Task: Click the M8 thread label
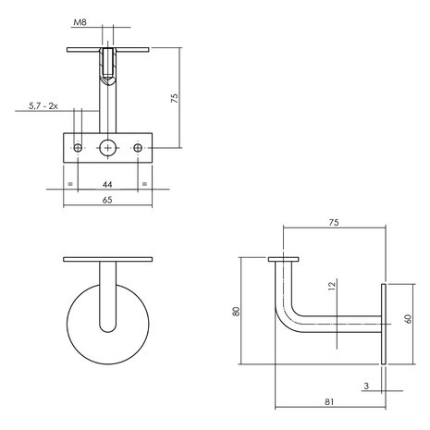[80, 22]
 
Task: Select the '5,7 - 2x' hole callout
[43, 106]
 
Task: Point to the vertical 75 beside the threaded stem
[175, 98]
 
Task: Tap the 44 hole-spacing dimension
[107, 184]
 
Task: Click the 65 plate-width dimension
[107, 200]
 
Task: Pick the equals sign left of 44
[70, 184]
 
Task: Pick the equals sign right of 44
[144, 184]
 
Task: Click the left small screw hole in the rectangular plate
[78, 148]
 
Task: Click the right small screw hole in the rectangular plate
[138, 148]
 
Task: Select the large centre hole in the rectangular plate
[108, 148]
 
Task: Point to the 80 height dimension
[237, 311]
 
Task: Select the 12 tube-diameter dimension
[332, 286]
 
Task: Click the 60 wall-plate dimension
[409, 319]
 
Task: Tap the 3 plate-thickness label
[366, 386]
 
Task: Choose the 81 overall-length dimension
[329, 401]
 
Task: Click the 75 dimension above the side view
[334, 222]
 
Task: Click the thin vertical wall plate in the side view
[384, 324]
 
